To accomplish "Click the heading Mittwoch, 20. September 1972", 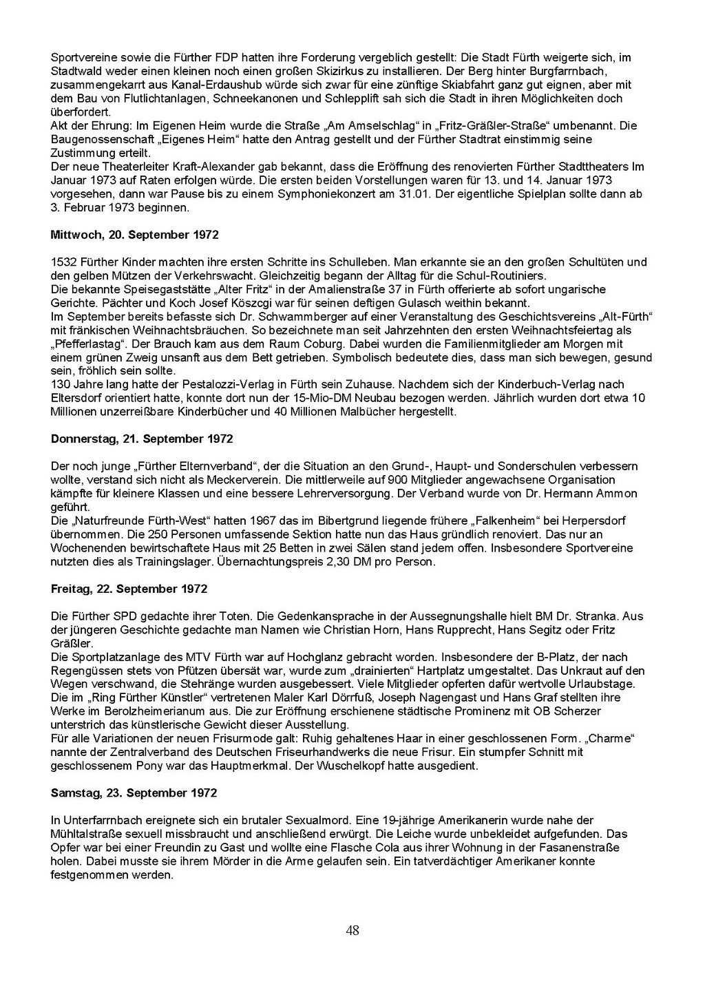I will (135, 235).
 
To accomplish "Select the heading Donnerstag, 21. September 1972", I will (142, 439).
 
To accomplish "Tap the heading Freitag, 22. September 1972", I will (129, 589).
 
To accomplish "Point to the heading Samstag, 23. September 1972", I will (134, 793).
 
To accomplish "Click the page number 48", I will (352, 931).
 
